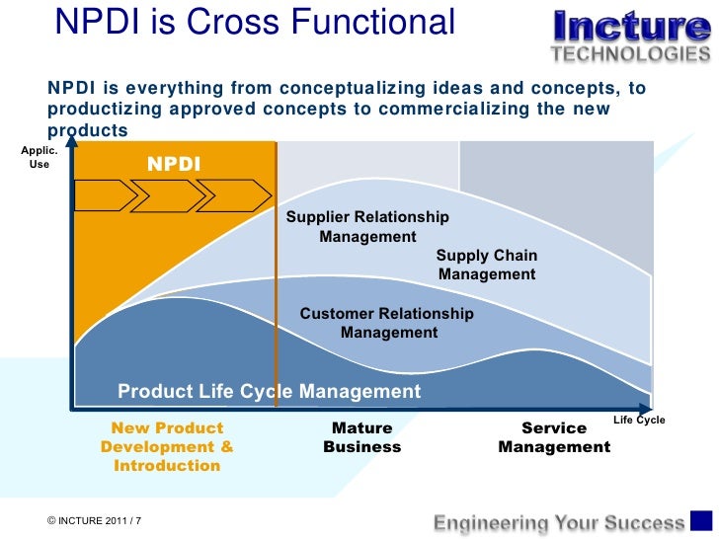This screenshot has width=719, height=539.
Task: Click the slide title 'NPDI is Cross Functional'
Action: click(256, 22)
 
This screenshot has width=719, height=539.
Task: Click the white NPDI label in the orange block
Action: click(174, 164)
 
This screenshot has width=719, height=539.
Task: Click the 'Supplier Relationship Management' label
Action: click(367, 227)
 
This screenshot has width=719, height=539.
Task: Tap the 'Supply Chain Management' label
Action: click(487, 265)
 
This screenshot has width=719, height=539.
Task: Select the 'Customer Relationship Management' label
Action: click(387, 323)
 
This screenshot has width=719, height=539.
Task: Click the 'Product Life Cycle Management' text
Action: click(269, 392)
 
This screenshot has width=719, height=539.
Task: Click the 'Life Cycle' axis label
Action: click(639, 420)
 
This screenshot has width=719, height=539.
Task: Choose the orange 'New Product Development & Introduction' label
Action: click(167, 446)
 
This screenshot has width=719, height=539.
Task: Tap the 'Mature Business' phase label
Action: click(362, 437)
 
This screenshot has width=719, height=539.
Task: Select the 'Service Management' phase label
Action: click(554, 437)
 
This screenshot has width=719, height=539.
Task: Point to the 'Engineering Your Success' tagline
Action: click(560, 522)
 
